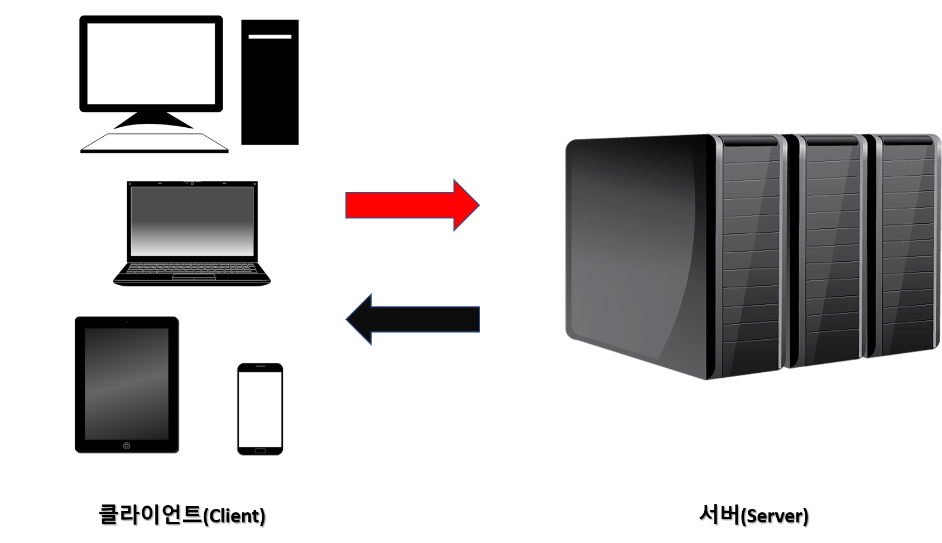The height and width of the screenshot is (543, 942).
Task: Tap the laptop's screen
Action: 192,221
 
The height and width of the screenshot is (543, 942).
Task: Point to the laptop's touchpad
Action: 194,277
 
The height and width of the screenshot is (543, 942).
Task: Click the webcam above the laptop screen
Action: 192,183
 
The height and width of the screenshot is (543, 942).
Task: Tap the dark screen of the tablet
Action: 127,383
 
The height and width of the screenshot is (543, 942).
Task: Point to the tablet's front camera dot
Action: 127,323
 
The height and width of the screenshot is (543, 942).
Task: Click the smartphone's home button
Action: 260,450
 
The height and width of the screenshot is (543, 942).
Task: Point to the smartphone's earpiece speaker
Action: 260,368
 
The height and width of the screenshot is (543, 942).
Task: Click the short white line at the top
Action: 270,37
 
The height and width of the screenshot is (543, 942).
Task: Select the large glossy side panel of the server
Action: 636,246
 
